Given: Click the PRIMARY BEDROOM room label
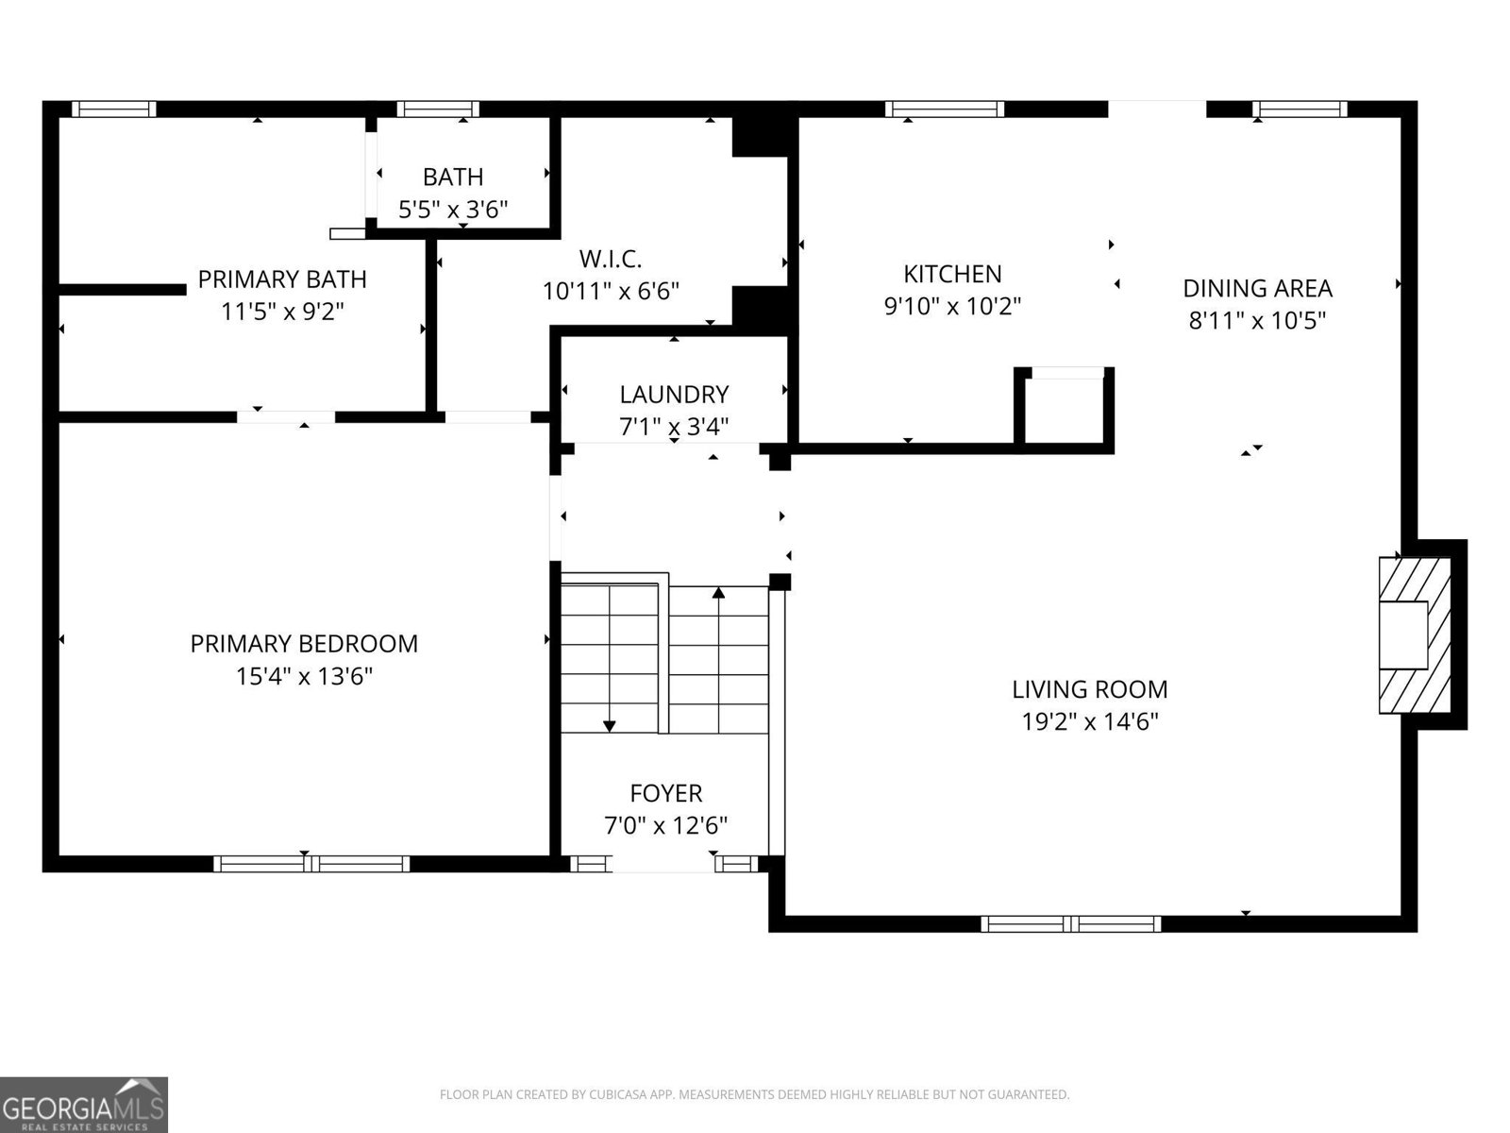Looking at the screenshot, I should click(x=304, y=644).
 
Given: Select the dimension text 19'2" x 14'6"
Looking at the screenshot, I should click(x=1090, y=722).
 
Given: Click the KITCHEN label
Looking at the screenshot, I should click(x=952, y=274).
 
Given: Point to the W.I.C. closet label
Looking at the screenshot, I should click(x=611, y=258).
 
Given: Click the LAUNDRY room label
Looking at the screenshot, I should click(x=674, y=395).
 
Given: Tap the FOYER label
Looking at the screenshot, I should click(x=666, y=793).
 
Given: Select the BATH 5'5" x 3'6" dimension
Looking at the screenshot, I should click(x=453, y=210).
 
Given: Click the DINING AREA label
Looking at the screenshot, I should click(x=1257, y=288).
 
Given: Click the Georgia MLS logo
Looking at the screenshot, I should click(x=83, y=1105).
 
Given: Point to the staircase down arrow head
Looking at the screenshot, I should click(x=610, y=726).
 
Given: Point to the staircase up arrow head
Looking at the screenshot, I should click(x=719, y=593).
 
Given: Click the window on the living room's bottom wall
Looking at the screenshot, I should click(x=1071, y=923).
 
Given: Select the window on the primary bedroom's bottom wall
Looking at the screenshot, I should click(x=311, y=863).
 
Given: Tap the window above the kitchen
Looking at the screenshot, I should click(x=945, y=109).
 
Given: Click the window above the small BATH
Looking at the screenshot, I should click(x=438, y=109).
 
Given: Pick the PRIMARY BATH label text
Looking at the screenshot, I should click(x=282, y=279).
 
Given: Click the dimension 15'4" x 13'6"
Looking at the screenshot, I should click(x=304, y=676).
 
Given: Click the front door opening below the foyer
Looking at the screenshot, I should click(x=665, y=863).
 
